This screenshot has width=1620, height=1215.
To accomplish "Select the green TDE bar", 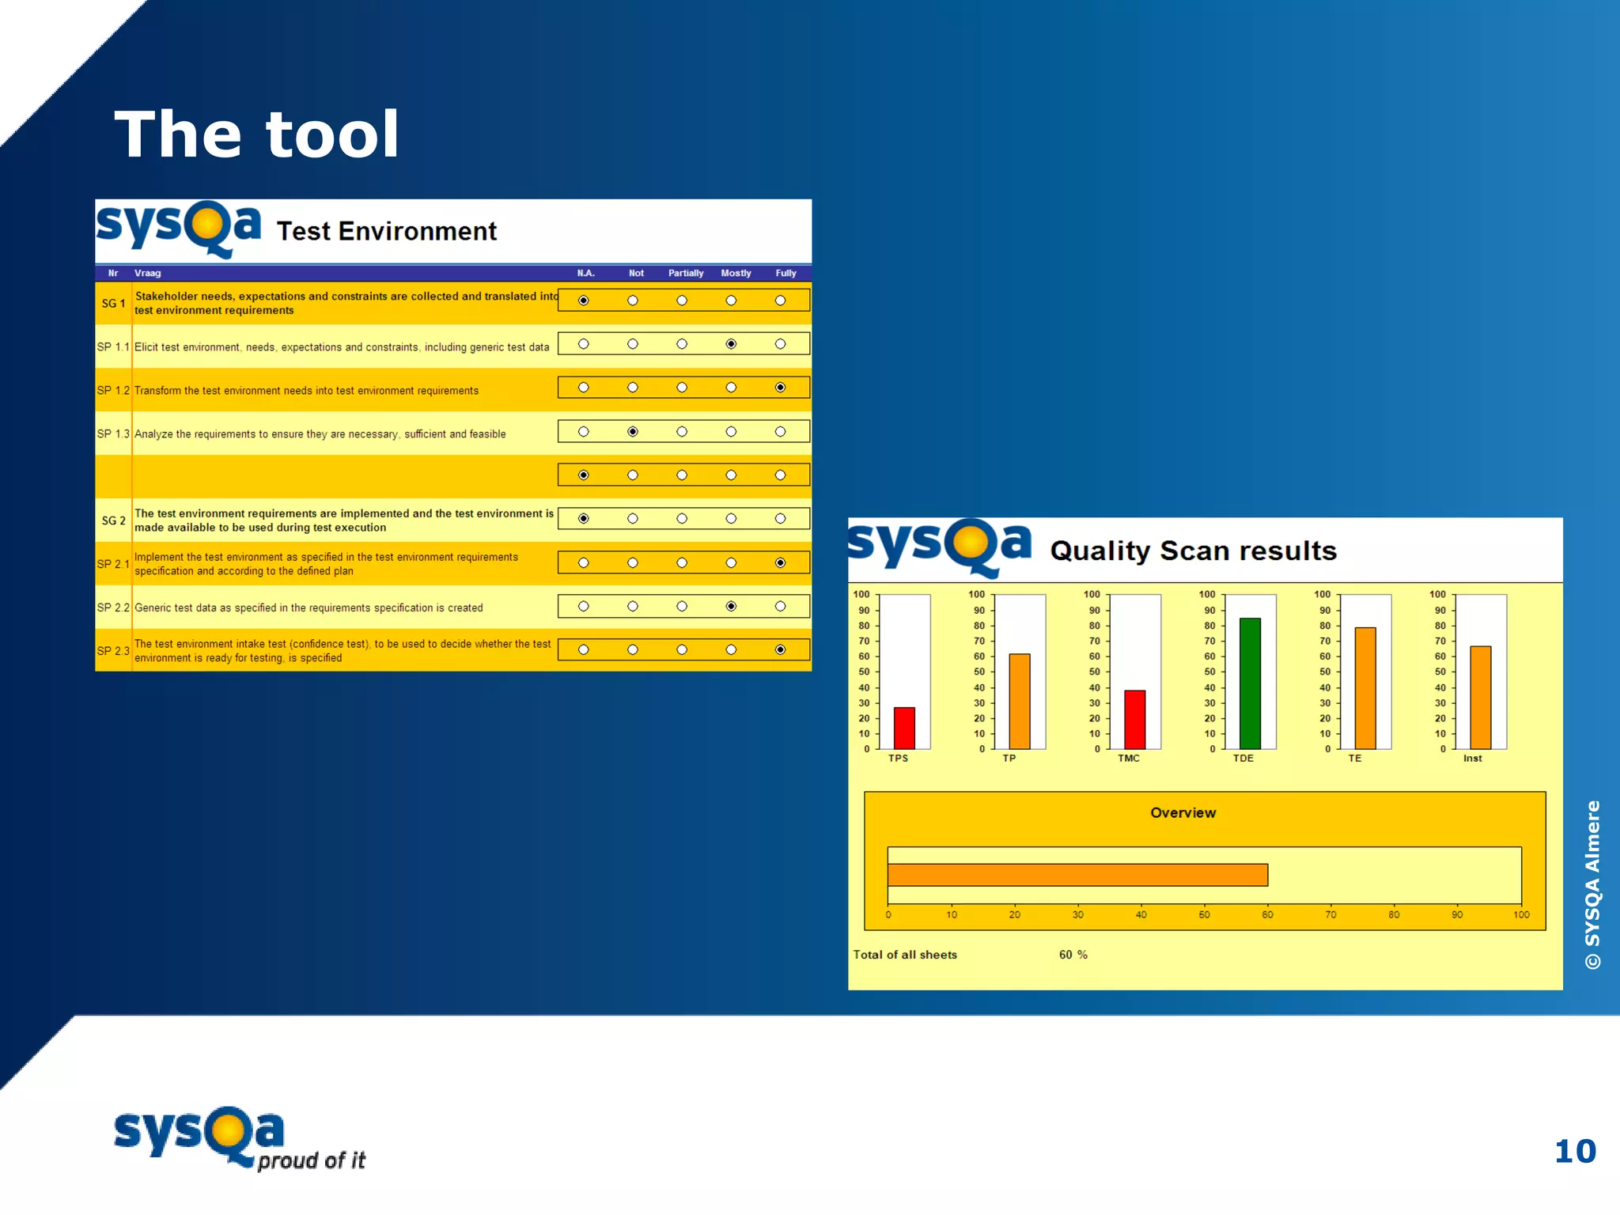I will pos(1250,683).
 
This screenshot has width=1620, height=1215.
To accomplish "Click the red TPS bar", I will pos(904,728).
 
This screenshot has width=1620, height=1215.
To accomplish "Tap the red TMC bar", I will pos(1134,720).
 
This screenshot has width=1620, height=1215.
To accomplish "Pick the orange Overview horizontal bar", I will pos(1077,875).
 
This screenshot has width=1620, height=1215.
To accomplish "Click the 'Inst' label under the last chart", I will pos(1472,759).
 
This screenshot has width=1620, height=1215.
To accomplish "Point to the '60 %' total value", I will pos(1073,955).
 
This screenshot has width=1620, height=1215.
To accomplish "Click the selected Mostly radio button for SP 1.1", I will pos(731,344).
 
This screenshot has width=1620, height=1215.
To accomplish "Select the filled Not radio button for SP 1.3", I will pos(633,432).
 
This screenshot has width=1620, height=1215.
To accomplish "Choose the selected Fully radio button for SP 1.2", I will pos(780,388).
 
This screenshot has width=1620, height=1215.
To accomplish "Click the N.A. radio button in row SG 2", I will pos(584,519).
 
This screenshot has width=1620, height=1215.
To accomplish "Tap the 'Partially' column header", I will pos(685,273).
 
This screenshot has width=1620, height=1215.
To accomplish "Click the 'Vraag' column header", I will pos(147,273).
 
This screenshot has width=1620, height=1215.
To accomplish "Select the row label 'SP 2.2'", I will pos(113,607).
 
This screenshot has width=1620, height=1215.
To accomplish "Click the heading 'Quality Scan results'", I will pos(1193,551).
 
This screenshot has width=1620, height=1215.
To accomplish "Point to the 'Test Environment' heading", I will pos(386,231).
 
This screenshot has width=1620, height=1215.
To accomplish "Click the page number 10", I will pos(1574,1152).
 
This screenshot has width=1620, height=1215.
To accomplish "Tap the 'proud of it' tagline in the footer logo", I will pos(311,1160).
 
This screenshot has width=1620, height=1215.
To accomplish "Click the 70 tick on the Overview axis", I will pos(1330,914).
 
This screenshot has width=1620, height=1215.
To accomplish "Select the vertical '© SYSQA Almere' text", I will pos(1592,884).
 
